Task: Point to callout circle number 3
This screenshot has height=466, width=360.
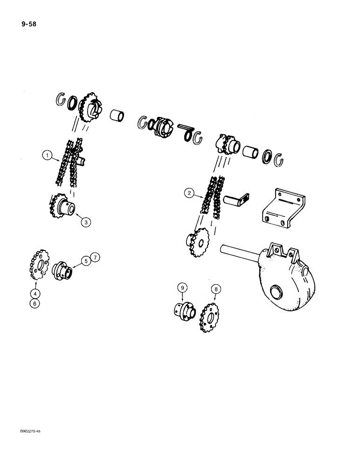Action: coord(86,222)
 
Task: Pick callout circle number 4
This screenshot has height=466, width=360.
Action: coord(36,294)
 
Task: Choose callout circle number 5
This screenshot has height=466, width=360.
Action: coord(86,261)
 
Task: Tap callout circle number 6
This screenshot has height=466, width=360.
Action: coord(36,303)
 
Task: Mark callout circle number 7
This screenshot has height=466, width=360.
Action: coord(95,257)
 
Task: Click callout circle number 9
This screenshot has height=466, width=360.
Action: coord(182,288)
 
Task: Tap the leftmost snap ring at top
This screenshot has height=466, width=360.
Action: coord(60,99)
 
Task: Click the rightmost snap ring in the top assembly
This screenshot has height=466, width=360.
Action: coord(280,159)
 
